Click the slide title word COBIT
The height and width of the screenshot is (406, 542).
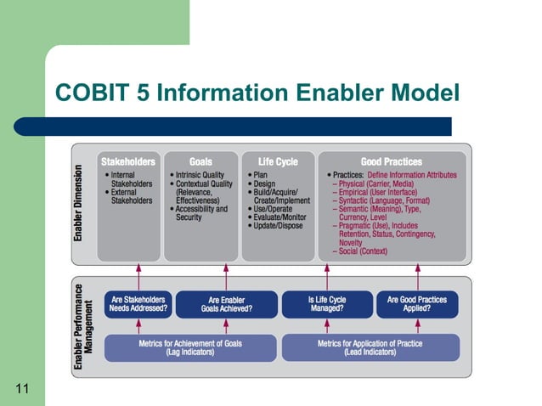[x=89, y=93]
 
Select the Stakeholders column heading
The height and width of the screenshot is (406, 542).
[x=128, y=161]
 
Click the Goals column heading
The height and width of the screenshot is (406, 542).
[x=200, y=161]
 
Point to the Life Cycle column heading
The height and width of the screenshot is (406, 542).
[x=278, y=161]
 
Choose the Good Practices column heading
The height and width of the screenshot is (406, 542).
[x=391, y=161]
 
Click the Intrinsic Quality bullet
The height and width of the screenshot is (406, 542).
[x=203, y=175]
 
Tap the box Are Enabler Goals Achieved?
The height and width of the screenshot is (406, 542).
[x=226, y=304]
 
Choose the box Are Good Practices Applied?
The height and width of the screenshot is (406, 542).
[x=417, y=304]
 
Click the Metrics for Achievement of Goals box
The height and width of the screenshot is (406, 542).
[x=190, y=347]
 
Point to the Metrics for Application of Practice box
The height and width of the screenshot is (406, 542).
[x=370, y=347]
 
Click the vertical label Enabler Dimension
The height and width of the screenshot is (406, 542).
[x=78, y=204]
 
